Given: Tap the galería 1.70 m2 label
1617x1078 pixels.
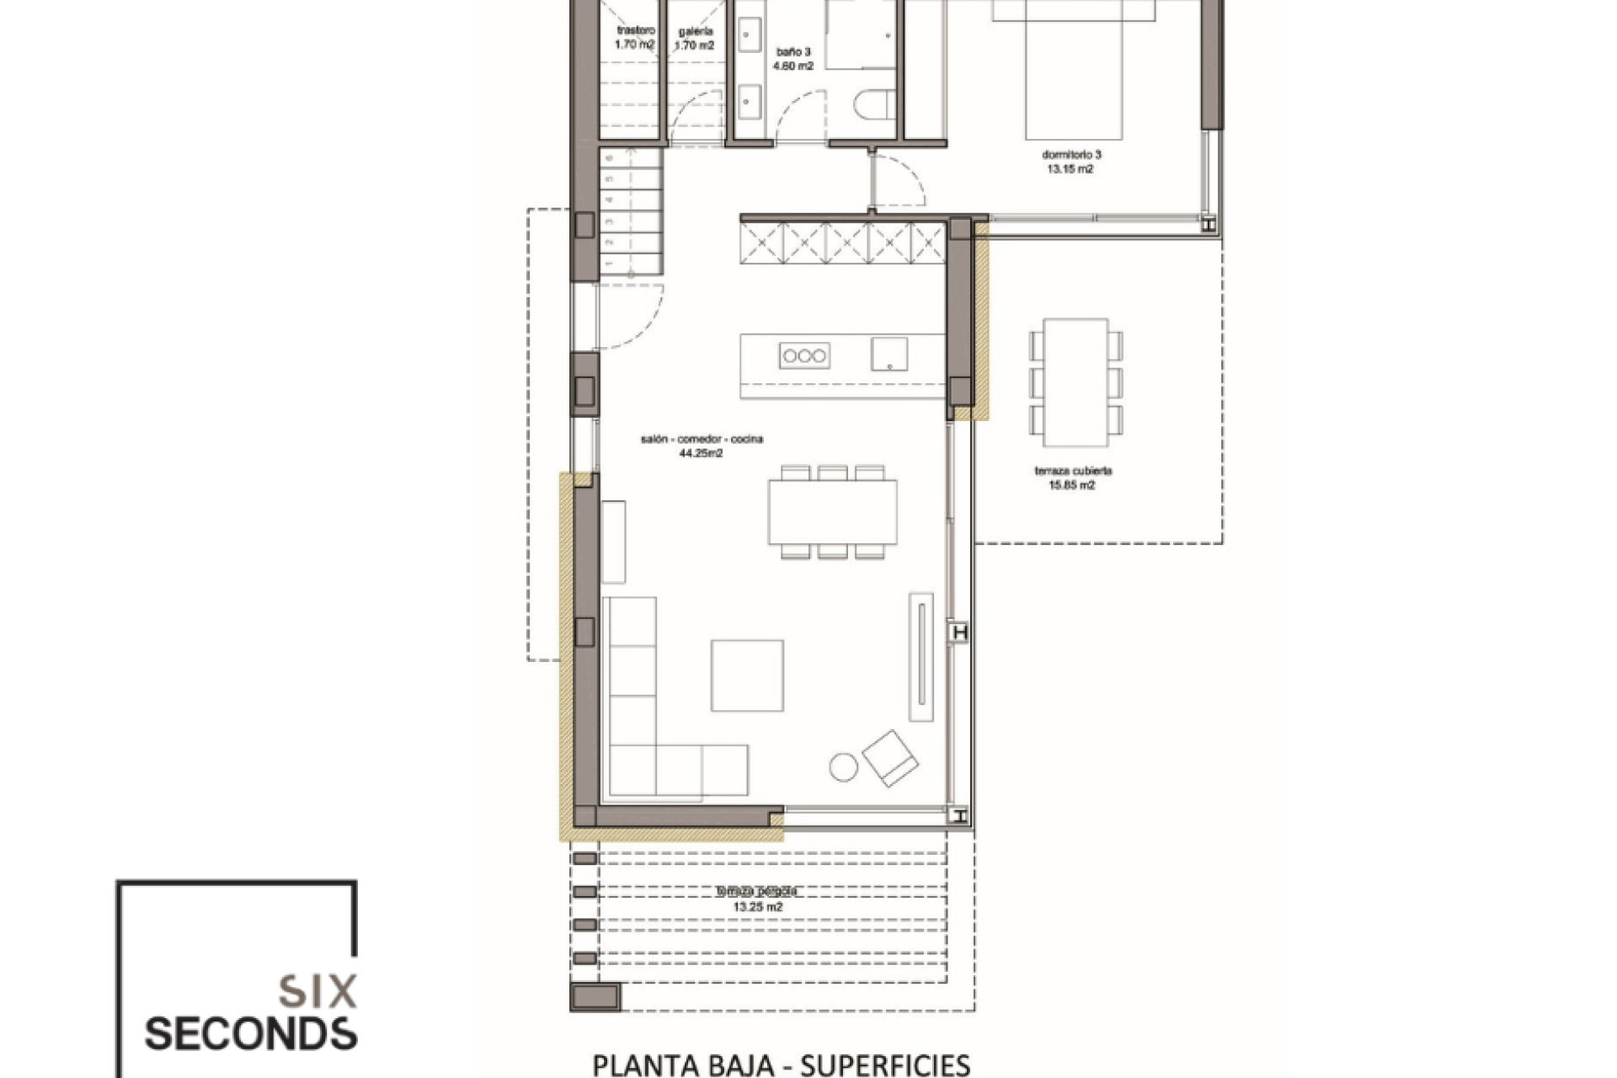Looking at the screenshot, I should (x=696, y=39).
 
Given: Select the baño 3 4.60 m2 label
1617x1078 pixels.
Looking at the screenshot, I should (x=794, y=58).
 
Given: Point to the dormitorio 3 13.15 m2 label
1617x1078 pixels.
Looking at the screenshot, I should (x=1071, y=162).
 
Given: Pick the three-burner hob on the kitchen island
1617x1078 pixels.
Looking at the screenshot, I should (x=804, y=355).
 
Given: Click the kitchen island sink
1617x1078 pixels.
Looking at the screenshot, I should (x=889, y=354).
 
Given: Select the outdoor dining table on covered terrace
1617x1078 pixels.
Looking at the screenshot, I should (x=1075, y=383).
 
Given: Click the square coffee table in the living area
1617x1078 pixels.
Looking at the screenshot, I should (x=747, y=675).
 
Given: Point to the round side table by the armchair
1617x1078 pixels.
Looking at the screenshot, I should (x=843, y=766).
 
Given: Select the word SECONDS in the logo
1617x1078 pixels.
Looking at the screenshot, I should (x=250, y=1034).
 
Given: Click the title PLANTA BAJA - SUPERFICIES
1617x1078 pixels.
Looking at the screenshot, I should (x=782, y=1065).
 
